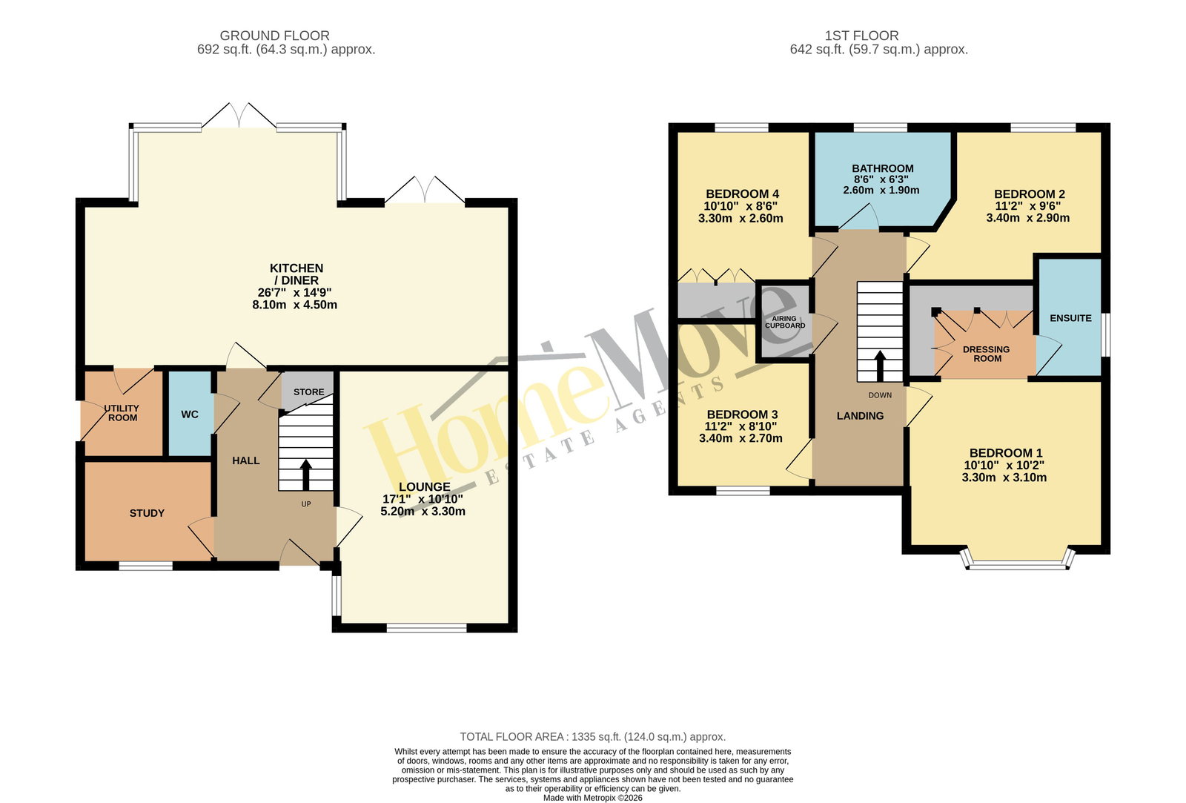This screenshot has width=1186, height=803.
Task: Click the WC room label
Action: tap(190, 414)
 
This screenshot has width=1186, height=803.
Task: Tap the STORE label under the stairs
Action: tap(308, 392)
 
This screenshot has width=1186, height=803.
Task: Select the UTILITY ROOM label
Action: tap(122, 413)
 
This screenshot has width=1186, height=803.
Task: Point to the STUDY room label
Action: tap(148, 513)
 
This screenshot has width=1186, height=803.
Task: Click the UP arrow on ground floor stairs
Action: tap(306, 475)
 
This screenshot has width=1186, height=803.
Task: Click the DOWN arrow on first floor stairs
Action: tap(880, 366)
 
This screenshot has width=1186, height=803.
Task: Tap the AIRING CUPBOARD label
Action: tap(785, 322)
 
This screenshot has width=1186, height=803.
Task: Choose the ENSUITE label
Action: tap(1070, 318)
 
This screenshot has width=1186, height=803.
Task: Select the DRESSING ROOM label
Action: tap(987, 354)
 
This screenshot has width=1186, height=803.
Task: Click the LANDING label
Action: tap(860, 416)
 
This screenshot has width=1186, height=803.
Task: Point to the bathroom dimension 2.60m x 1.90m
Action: tap(881, 190)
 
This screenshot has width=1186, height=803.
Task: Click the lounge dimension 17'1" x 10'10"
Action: tap(423, 499)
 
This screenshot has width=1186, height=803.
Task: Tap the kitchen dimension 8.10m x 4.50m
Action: tap(295, 305)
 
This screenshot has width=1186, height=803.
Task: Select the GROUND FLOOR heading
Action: tap(275, 36)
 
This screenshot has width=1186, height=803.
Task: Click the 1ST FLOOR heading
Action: tap(861, 36)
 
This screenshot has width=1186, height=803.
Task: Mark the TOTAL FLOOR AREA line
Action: tap(592, 737)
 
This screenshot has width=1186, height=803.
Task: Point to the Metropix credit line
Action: tap(592, 798)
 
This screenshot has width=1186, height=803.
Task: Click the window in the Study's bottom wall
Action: tap(145, 566)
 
